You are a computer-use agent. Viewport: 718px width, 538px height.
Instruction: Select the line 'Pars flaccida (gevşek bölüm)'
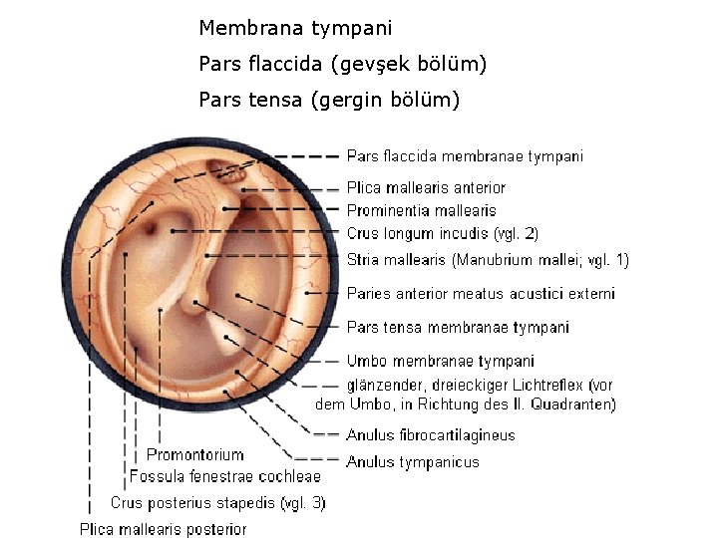(343, 65)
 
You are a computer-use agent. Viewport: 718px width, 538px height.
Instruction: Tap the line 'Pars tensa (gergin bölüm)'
(329, 101)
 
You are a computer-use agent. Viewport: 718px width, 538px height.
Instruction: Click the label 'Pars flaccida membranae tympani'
(465, 155)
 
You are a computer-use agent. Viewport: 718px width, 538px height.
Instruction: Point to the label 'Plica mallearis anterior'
(426, 187)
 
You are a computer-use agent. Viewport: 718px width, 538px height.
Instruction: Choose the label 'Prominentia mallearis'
(421, 210)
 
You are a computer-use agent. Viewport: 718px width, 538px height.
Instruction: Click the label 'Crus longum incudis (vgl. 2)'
(442, 234)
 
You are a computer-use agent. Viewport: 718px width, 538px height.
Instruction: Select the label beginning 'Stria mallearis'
(488, 261)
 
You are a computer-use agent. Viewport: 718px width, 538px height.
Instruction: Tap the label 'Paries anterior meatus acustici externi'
(481, 294)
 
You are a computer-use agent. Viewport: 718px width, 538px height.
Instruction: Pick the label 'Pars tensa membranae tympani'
(458, 327)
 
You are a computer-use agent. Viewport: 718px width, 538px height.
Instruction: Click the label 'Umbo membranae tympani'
(440, 361)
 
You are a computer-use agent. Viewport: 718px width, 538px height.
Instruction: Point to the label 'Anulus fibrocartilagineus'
(431, 435)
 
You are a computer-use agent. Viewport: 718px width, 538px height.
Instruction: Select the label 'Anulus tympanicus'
(413, 462)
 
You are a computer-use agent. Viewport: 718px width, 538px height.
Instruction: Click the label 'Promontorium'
(194, 455)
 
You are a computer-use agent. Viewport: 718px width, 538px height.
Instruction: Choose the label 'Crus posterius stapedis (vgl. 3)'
(217, 503)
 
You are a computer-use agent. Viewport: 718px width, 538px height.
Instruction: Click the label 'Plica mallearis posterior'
(164, 529)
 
